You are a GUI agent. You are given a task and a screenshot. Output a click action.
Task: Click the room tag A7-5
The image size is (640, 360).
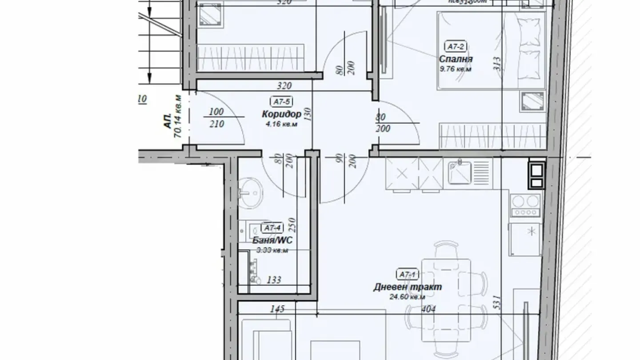tap(281, 102)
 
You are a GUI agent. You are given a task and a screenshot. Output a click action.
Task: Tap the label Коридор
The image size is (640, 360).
tap(281, 114)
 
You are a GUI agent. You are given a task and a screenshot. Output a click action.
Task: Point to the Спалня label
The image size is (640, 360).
tap(456, 59)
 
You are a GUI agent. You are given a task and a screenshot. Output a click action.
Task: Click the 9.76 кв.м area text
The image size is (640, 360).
tap(455, 69)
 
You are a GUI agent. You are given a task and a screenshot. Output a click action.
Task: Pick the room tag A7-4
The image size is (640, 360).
tap(272, 228)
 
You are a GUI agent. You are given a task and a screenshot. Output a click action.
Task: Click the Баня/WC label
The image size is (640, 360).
tap(272, 240)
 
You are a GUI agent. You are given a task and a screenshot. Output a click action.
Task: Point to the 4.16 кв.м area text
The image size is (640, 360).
tap(281, 124)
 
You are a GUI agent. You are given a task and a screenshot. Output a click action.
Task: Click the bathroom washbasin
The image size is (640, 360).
tap(250, 192)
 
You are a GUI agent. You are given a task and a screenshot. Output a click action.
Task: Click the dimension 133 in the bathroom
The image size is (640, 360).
tap(274, 280)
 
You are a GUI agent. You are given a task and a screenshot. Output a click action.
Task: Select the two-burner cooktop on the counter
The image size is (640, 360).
tap(526, 205)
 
